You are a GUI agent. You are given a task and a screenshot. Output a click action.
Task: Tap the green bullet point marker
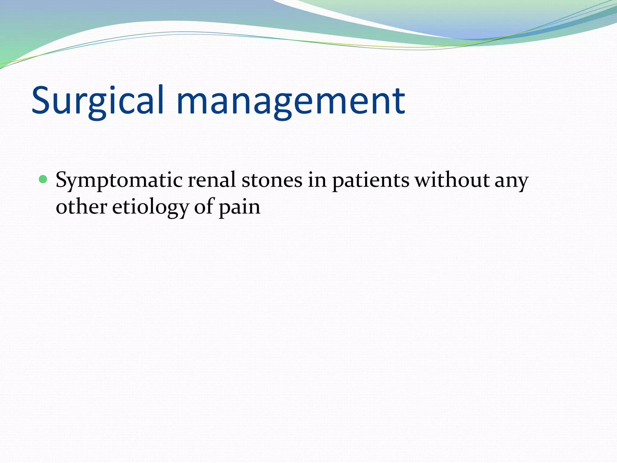43,180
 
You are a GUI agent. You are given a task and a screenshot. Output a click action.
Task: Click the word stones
272,180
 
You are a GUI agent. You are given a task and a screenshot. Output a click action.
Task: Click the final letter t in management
398,101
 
